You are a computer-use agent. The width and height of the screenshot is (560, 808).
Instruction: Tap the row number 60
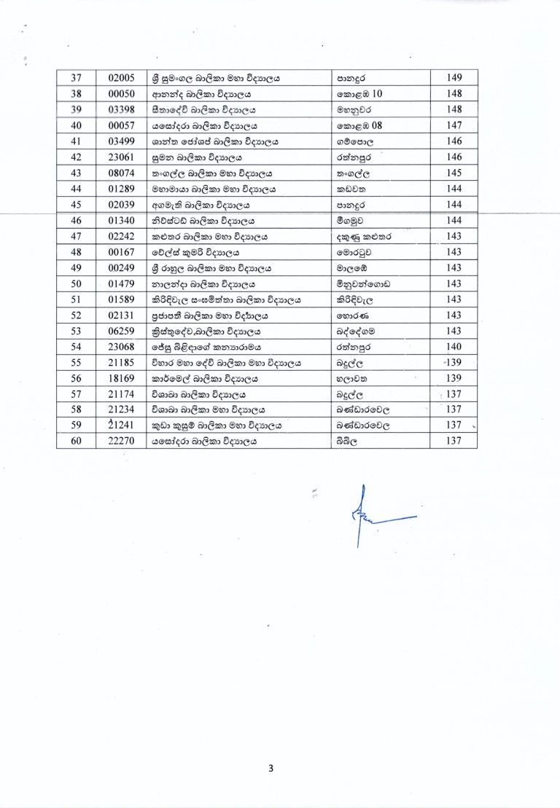click(77, 440)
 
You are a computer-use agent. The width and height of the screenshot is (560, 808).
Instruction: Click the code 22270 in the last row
click(118, 440)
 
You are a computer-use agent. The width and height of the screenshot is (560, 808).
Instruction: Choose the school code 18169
click(118, 377)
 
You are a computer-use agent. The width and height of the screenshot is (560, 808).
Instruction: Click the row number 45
click(77, 205)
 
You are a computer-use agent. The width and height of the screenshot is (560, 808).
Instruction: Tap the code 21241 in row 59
click(118, 425)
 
